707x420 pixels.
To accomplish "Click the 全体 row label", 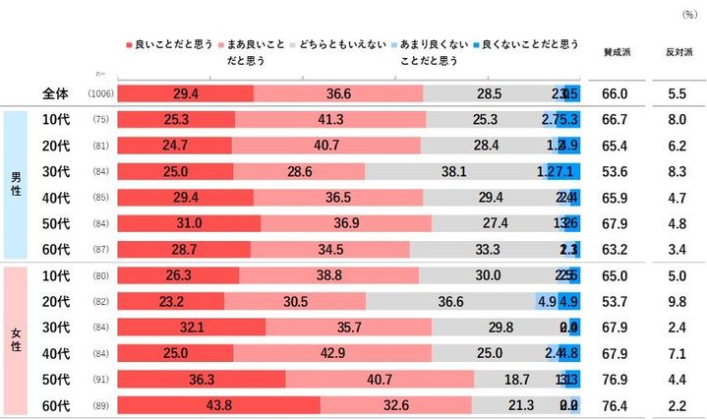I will pyautogui.click(x=56, y=93).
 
